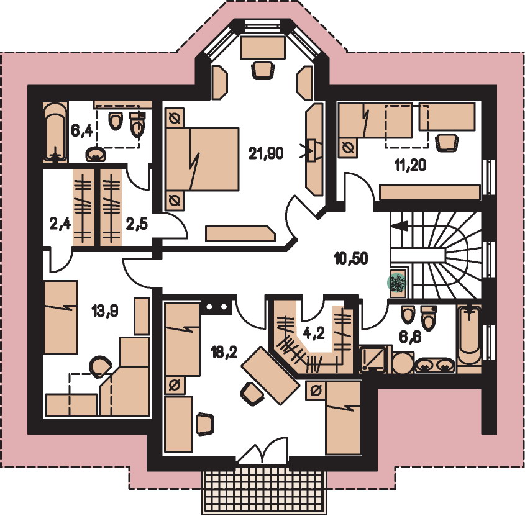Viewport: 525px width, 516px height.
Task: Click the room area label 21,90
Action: [266, 153]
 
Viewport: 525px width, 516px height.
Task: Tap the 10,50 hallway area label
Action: [350, 258]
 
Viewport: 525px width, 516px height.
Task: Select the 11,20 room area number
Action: [410, 165]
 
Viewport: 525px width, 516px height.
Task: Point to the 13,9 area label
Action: [105, 312]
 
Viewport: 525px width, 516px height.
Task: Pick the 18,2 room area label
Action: [224, 351]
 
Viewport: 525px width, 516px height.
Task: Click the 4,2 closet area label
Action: [313, 333]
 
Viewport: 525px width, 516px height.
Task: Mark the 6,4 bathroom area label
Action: [81, 130]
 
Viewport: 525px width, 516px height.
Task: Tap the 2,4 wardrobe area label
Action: [60, 224]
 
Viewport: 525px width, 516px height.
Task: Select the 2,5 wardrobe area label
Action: [137, 224]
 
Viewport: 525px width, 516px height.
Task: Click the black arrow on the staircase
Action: [399, 226]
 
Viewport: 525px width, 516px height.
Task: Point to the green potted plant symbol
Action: [397, 283]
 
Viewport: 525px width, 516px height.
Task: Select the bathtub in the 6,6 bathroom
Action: [469, 335]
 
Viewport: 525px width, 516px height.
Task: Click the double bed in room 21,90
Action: [202, 160]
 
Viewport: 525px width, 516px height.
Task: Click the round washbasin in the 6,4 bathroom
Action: [96, 155]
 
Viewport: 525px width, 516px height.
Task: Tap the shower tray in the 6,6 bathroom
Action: [373, 359]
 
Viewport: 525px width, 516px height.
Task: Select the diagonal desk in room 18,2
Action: [270, 375]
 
